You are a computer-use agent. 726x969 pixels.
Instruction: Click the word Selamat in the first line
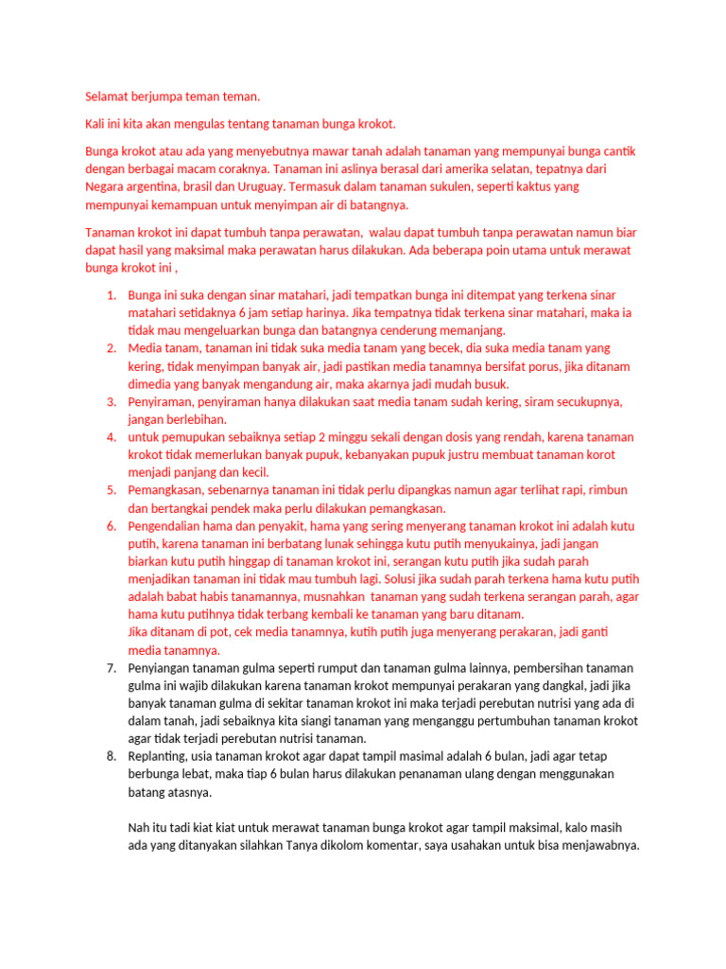(x=107, y=97)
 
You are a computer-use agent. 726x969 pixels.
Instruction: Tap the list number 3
(x=110, y=401)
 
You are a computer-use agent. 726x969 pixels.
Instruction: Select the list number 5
(x=110, y=490)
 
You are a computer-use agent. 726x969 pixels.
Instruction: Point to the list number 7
(x=110, y=668)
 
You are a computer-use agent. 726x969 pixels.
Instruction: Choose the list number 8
(x=110, y=756)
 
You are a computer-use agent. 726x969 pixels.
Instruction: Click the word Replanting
(x=158, y=756)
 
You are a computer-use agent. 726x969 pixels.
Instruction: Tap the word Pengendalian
(x=168, y=526)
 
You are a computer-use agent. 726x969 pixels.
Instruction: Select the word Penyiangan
(x=162, y=668)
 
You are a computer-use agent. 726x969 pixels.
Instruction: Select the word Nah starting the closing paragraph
(x=138, y=827)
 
